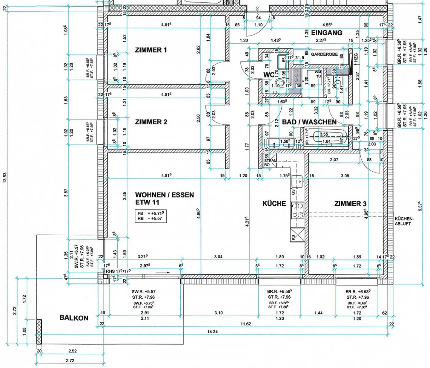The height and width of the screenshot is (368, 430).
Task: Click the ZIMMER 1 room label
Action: click(x=151, y=50)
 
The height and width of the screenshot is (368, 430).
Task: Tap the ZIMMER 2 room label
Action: click(x=151, y=122)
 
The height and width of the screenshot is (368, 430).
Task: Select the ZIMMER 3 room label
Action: click(x=350, y=204)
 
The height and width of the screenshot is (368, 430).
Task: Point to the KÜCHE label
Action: click(x=274, y=204)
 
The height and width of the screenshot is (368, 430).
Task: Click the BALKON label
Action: click(x=74, y=317)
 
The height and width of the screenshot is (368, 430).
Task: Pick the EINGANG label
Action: click(x=327, y=33)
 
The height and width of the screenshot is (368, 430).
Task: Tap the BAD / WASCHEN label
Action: click(x=309, y=122)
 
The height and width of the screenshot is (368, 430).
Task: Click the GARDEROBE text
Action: click(x=324, y=54)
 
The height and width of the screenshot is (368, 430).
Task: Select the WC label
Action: click(x=269, y=75)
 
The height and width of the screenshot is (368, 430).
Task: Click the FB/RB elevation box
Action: click(x=150, y=216)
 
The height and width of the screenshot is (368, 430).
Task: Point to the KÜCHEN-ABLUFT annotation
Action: click(x=404, y=221)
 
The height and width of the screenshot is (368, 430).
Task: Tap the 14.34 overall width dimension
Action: click(x=212, y=332)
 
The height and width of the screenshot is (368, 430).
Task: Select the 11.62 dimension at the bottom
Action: click(x=246, y=324)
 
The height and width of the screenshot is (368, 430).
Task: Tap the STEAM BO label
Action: click(x=270, y=163)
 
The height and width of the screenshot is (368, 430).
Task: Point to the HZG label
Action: click(x=356, y=58)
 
